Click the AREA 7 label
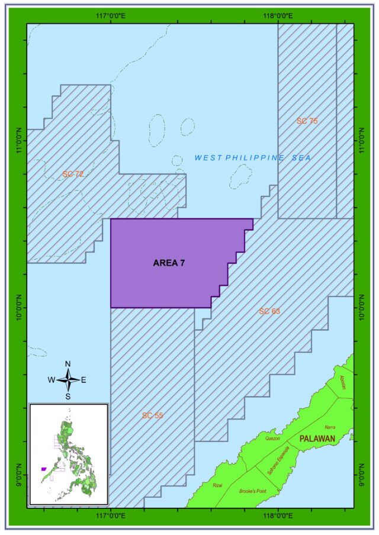coord(169,263)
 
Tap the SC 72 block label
coord(73,173)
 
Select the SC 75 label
coord(307,121)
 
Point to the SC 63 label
coord(269,311)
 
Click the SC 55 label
coord(152,415)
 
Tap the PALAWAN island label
coord(317,439)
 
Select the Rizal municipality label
coord(217,485)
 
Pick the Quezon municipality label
coord(272,439)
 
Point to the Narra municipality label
coord(330,427)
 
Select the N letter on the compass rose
coord(68,364)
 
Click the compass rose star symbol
coord(68,380)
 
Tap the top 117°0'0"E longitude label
coord(111,15)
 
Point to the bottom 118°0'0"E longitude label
coord(278,516)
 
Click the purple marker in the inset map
coord(44,469)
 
